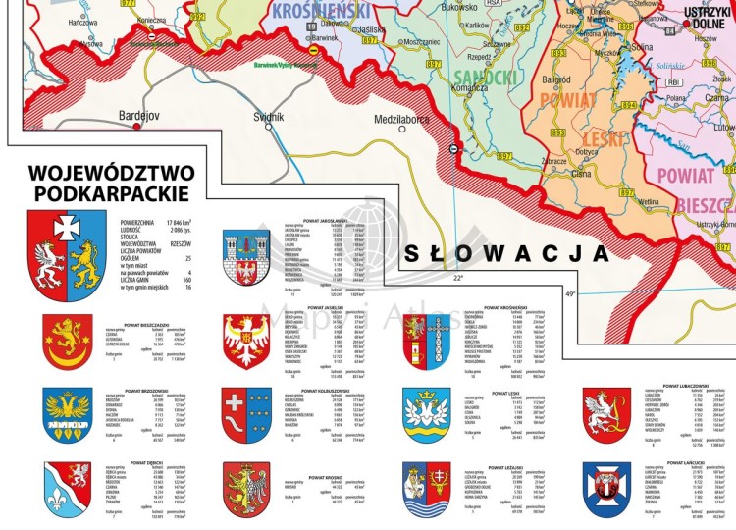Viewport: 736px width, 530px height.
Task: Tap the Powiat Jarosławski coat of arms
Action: (x=247, y=256)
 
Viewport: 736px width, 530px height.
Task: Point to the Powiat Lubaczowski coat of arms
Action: (x=605, y=412)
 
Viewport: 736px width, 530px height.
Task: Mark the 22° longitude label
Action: (x=458, y=278)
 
